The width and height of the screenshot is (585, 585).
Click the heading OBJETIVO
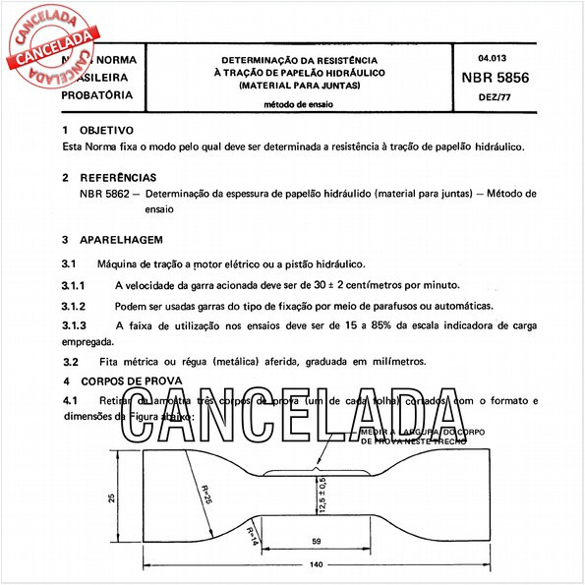click(x=106, y=130)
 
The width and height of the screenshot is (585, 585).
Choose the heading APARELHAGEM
click(x=121, y=239)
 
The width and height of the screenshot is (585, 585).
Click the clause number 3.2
click(x=70, y=361)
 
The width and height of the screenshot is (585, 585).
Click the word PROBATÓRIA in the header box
click(x=97, y=95)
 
